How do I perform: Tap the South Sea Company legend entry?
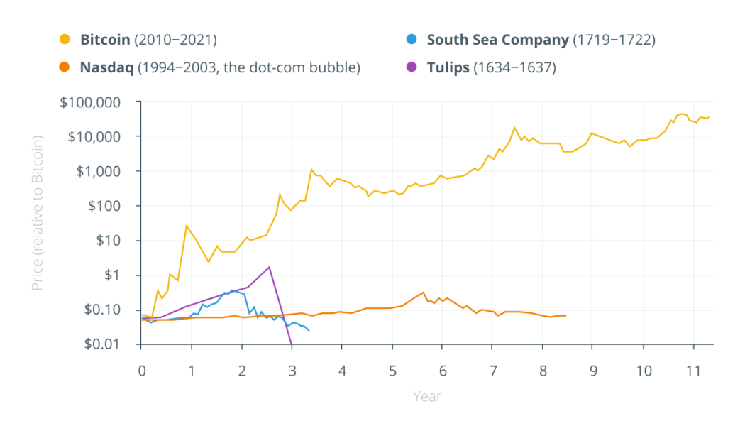point(541,40)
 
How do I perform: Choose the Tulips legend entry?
point(491,68)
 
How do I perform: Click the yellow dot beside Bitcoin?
point(65,40)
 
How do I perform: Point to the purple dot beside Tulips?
point(412,68)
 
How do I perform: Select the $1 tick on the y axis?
point(119,275)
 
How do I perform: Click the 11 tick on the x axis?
point(693,371)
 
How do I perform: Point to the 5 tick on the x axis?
point(392,371)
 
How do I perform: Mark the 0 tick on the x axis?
point(142,371)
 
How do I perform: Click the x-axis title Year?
point(427,396)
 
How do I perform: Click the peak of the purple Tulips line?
point(270,267)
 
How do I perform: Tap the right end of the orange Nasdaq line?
point(565,315)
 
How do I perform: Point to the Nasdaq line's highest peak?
point(424,292)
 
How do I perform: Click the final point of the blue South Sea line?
point(309,330)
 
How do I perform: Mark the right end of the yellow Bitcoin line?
point(709,116)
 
